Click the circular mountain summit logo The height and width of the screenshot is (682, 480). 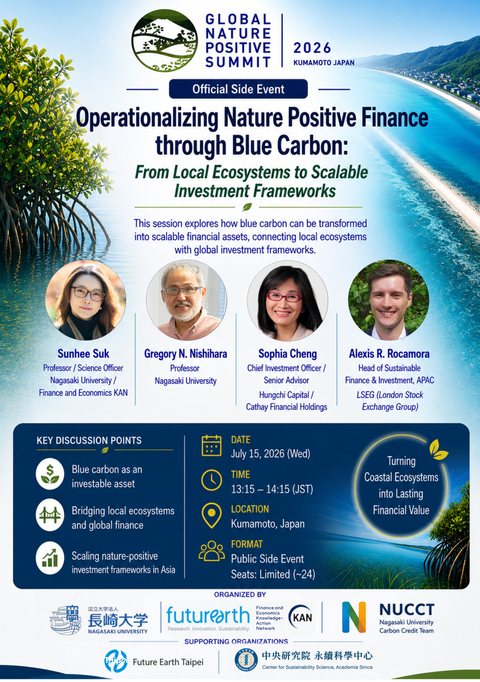pos(164,41)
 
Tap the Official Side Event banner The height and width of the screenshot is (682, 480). pos(238,89)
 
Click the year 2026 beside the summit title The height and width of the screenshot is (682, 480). pos(312,48)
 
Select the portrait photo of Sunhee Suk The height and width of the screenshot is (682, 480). pos(86,300)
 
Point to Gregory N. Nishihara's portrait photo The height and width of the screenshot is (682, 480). pos(187,300)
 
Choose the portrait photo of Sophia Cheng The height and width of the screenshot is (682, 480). pos(287,300)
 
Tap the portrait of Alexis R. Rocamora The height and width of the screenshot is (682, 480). pos(388,300)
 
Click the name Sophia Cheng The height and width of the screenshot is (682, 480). pos(287,354)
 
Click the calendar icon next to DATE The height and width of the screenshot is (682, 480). pos(211,445)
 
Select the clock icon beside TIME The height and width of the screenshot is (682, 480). pos(211,480)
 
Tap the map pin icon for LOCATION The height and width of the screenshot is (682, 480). pos(211,515)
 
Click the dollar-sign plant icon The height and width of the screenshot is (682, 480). pos(50,474)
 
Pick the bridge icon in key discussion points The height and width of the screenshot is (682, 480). pos(50,515)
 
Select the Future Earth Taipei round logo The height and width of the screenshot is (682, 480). pos(116,661)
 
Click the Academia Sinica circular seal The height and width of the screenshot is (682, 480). pos(246,661)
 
